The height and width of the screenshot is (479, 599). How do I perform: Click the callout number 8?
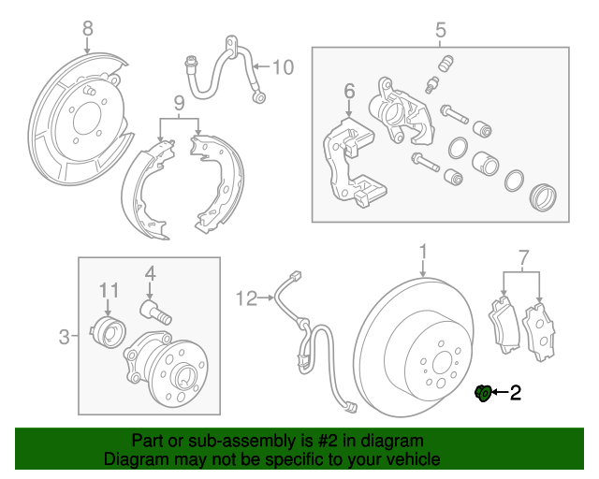(88, 29)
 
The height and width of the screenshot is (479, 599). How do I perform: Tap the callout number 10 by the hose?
(283, 66)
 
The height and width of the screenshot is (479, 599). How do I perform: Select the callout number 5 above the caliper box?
(441, 33)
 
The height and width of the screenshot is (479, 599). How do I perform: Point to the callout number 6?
(349, 92)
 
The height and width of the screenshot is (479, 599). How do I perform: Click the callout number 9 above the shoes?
(178, 101)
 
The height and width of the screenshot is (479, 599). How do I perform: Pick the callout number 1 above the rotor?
(423, 251)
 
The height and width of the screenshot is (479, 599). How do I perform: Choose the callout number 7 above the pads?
(523, 255)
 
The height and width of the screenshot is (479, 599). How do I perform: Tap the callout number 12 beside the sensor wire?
(246, 299)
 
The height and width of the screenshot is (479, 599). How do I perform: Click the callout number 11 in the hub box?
(109, 291)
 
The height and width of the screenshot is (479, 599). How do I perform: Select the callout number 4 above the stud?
(149, 273)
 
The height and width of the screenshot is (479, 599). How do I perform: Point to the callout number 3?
(65, 335)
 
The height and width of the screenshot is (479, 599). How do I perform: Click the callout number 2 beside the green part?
(515, 393)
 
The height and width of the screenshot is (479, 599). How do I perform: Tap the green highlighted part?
(483, 393)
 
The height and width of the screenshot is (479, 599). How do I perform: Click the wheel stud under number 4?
(154, 312)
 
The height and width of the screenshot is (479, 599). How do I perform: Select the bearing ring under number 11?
(110, 329)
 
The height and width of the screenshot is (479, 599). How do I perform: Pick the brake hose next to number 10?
(220, 70)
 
